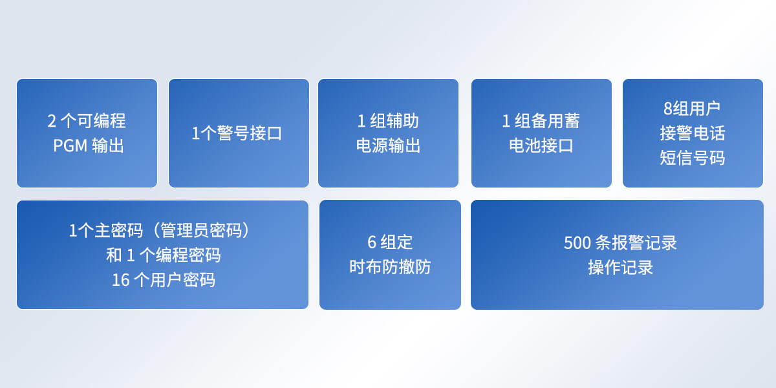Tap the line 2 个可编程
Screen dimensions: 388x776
point(87,121)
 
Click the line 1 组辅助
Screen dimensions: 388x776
point(388,121)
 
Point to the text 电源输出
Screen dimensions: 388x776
point(388,146)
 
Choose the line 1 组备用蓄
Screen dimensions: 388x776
point(541,121)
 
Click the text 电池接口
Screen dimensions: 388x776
point(541,146)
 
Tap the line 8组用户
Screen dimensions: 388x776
point(692,109)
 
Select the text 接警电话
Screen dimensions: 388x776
point(693,133)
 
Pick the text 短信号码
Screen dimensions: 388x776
point(693,158)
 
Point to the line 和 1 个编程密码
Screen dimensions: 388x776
point(163,255)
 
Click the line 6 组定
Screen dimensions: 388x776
point(390,242)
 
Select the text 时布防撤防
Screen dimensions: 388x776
point(390,267)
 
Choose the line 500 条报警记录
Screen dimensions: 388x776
point(620,243)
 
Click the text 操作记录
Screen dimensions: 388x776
point(620,268)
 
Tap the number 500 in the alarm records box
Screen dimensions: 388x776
point(577,243)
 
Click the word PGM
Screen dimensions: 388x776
point(70,146)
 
